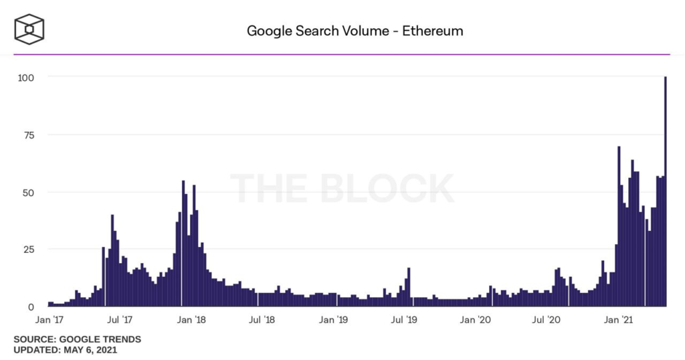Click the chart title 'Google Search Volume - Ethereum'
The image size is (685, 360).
(x=355, y=31)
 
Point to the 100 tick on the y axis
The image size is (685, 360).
(x=25, y=77)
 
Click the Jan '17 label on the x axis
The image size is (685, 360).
(x=49, y=321)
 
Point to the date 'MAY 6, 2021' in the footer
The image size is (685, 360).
(x=90, y=349)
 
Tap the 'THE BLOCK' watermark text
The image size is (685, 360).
(x=342, y=188)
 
